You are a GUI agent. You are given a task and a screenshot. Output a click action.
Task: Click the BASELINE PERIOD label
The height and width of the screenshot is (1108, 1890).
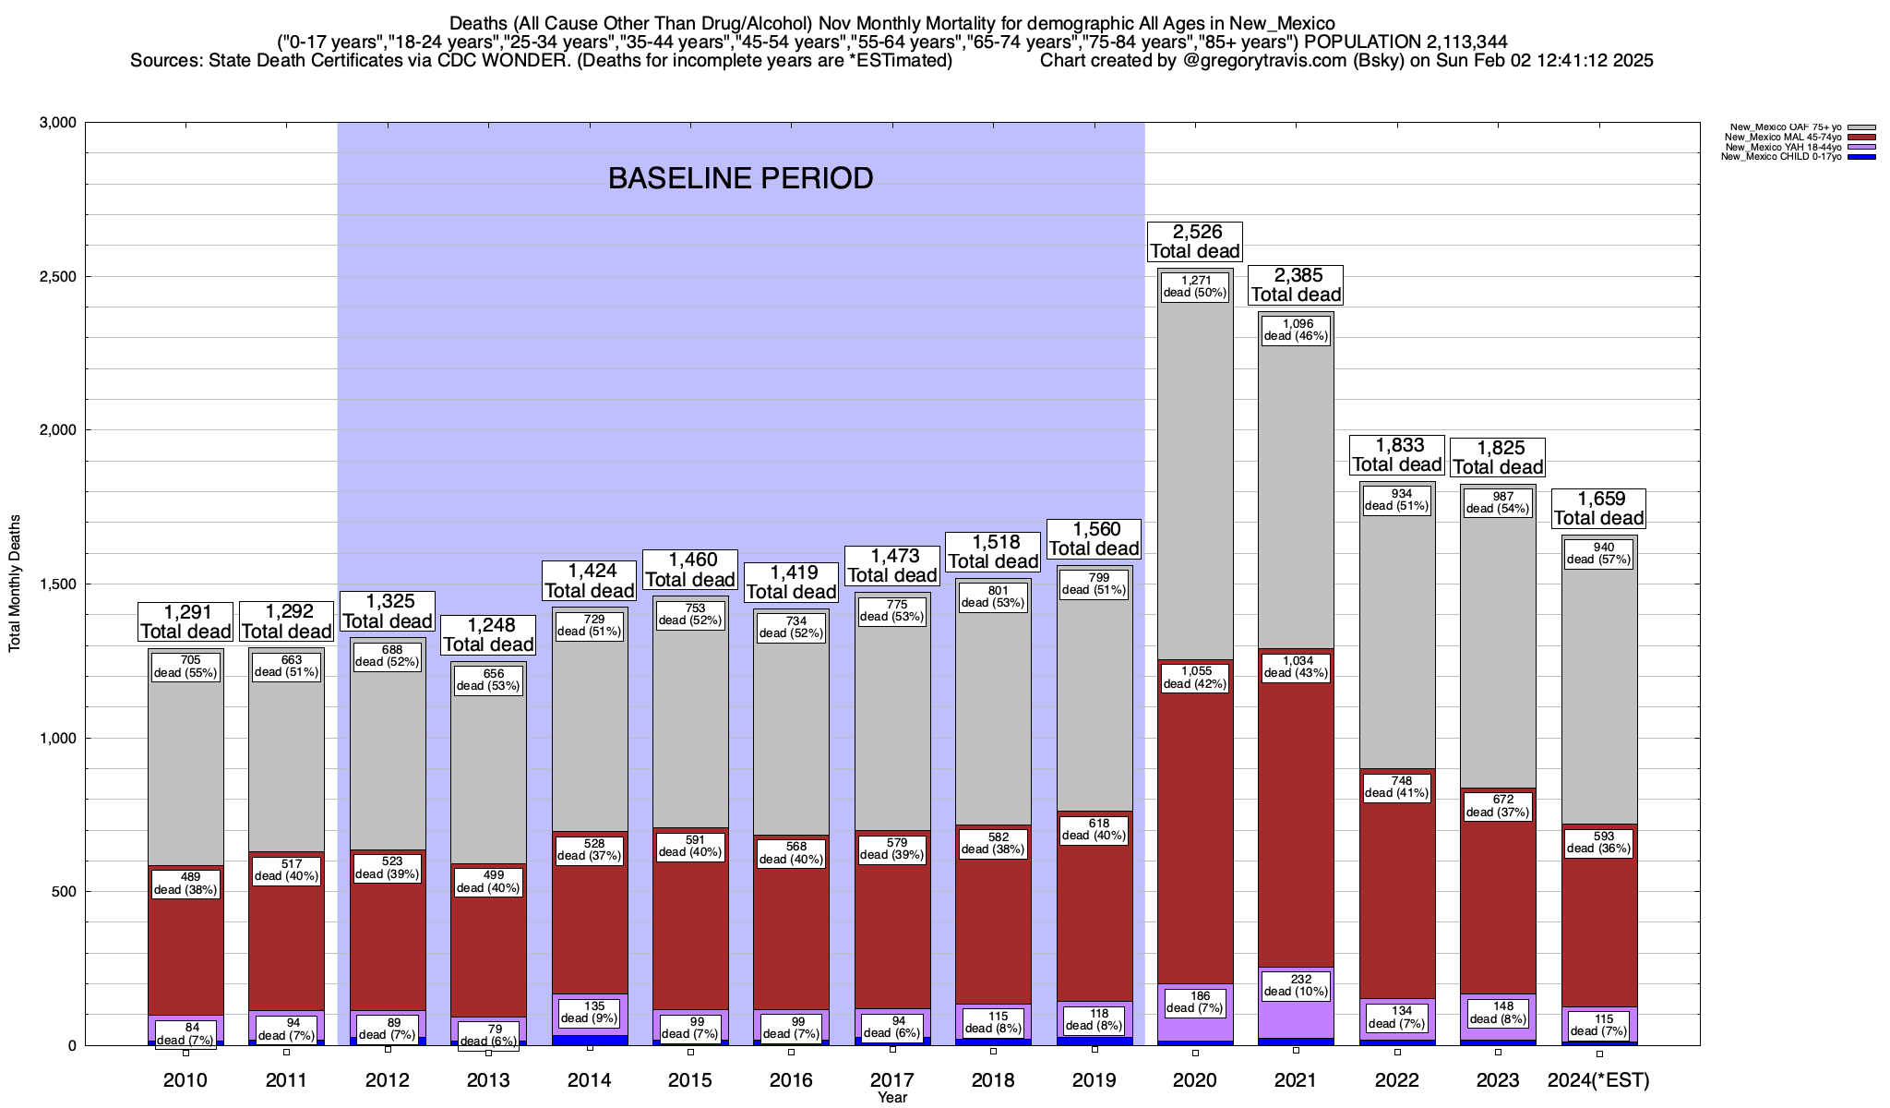pyautogui.click(x=740, y=177)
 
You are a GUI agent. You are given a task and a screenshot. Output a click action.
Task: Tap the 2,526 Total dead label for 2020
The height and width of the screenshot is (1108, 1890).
pyautogui.click(x=1195, y=241)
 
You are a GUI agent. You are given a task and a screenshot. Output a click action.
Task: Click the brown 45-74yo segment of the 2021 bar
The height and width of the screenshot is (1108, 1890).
pyautogui.click(x=1296, y=831)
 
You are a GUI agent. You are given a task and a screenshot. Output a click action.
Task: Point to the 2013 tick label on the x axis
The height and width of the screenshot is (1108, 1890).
pyautogui.click(x=488, y=1080)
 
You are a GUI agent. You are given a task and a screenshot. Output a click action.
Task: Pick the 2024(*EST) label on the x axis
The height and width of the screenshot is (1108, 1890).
pyautogui.click(x=1598, y=1080)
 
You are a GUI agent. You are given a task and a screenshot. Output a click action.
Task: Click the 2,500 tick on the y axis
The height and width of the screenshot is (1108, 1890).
pyautogui.click(x=57, y=277)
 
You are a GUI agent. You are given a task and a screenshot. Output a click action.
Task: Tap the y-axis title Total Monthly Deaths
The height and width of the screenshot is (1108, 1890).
pyautogui.click(x=15, y=584)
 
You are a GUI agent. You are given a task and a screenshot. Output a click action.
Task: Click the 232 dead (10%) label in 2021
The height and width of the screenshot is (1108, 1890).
pyautogui.click(x=1296, y=985)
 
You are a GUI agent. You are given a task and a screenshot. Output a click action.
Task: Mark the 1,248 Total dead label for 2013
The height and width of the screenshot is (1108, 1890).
pyautogui.click(x=488, y=634)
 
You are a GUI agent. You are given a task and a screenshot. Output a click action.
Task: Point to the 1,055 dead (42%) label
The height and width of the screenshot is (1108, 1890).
pyautogui.click(x=1195, y=678)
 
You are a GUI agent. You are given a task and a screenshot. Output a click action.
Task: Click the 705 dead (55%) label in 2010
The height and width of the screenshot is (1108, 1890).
pyautogui.click(x=185, y=667)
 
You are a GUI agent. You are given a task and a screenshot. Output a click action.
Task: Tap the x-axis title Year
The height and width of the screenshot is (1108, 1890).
pyautogui.click(x=892, y=1098)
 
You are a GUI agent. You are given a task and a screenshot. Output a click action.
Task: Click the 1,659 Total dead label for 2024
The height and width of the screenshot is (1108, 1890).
pyautogui.click(x=1598, y=509)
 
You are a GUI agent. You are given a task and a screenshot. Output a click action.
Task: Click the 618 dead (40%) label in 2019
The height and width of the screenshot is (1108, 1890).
pyautogui.click(x=1094, y=829)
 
